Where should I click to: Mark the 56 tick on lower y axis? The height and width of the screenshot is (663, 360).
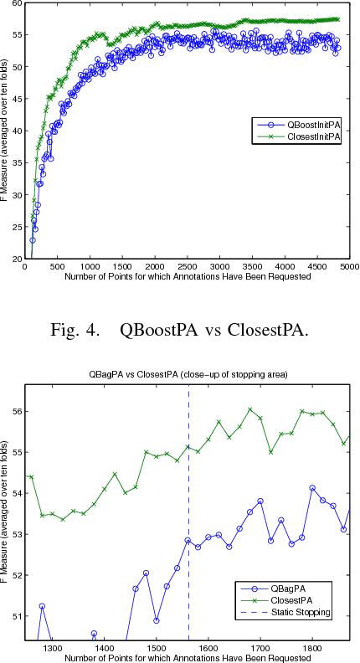point(15,411)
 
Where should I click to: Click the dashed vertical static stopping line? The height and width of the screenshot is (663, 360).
point(188,502)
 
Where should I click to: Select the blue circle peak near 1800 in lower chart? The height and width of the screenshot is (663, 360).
point(312,487)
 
